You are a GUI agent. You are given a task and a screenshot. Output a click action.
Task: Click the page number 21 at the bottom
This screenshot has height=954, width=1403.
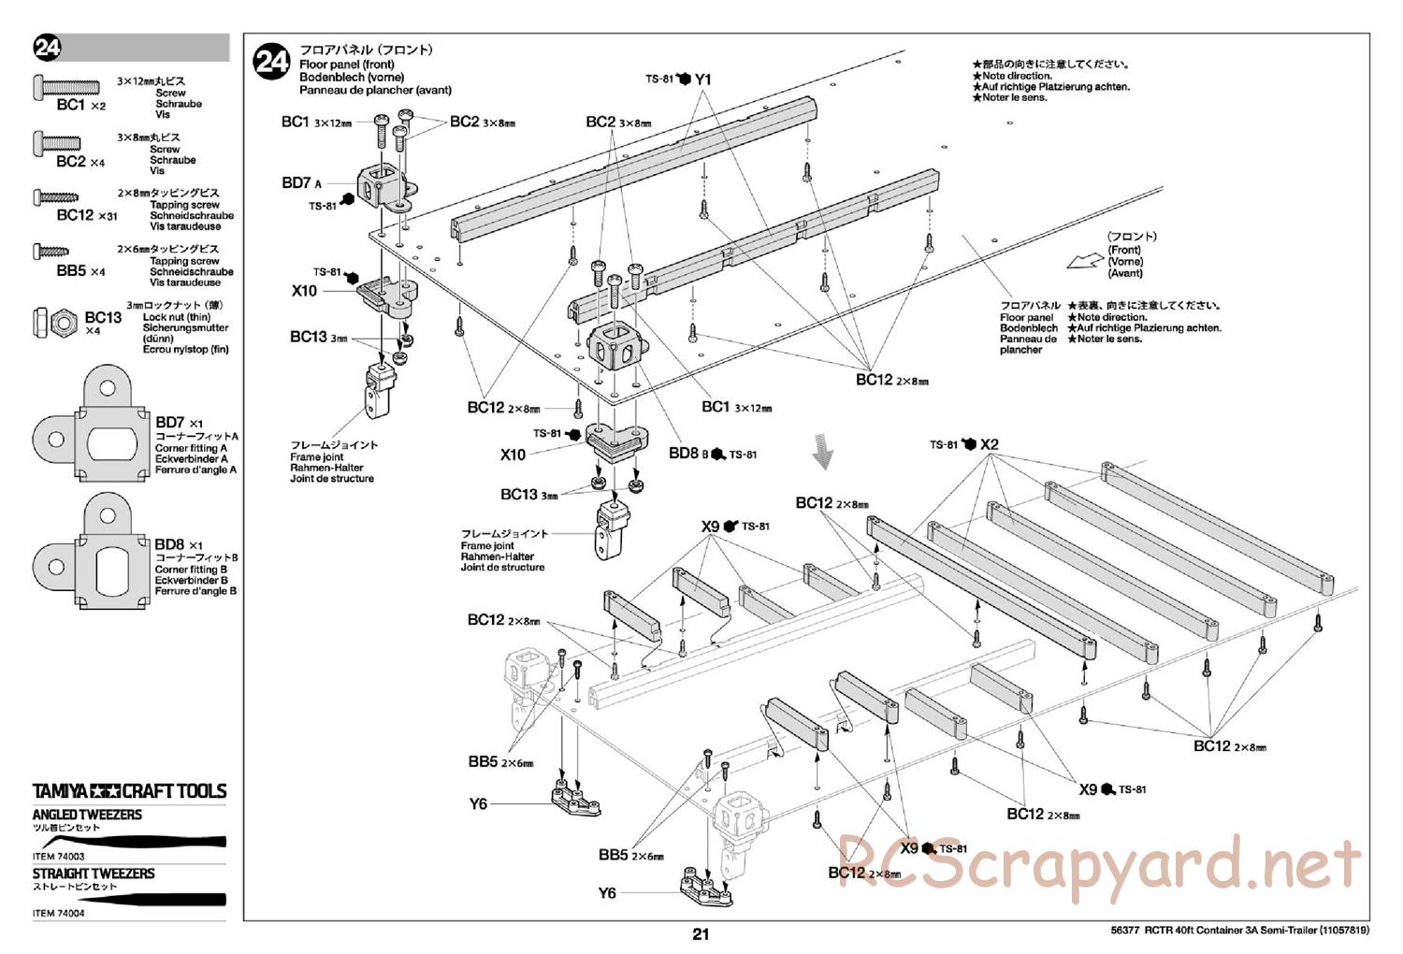click(x=701, y=934)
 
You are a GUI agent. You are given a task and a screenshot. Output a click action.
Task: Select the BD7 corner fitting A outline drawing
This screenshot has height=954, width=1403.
click(x=92, y=428)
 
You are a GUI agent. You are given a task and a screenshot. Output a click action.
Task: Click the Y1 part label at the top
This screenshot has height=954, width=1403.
click(x=703, y=80)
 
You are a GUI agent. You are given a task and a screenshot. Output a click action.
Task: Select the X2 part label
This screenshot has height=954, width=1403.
click(x=991, y=444)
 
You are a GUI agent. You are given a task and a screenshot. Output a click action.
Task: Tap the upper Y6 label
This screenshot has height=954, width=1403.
click(x=478, y=803)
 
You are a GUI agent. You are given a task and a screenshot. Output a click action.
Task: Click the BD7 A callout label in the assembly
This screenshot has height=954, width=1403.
click(x=301, y=183)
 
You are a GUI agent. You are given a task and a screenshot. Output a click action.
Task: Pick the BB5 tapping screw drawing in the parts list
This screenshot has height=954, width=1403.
click(x=52, y=252)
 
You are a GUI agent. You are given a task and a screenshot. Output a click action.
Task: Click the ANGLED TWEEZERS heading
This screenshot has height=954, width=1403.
click(x=87, y=815)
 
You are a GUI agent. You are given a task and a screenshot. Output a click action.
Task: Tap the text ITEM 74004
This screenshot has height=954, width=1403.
click(x=58, y=914)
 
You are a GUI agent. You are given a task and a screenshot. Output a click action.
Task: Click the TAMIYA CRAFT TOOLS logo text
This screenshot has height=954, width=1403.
click(x=130, y=791)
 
